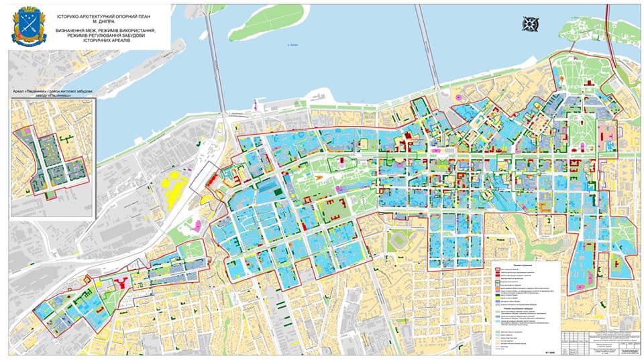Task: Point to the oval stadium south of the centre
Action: tap(401, 239)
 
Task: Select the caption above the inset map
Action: tap(52, 93)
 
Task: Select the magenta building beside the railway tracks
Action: tap(197, 225)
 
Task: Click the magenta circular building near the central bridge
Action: tap(459, 98)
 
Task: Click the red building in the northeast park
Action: tap(588, 83)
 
